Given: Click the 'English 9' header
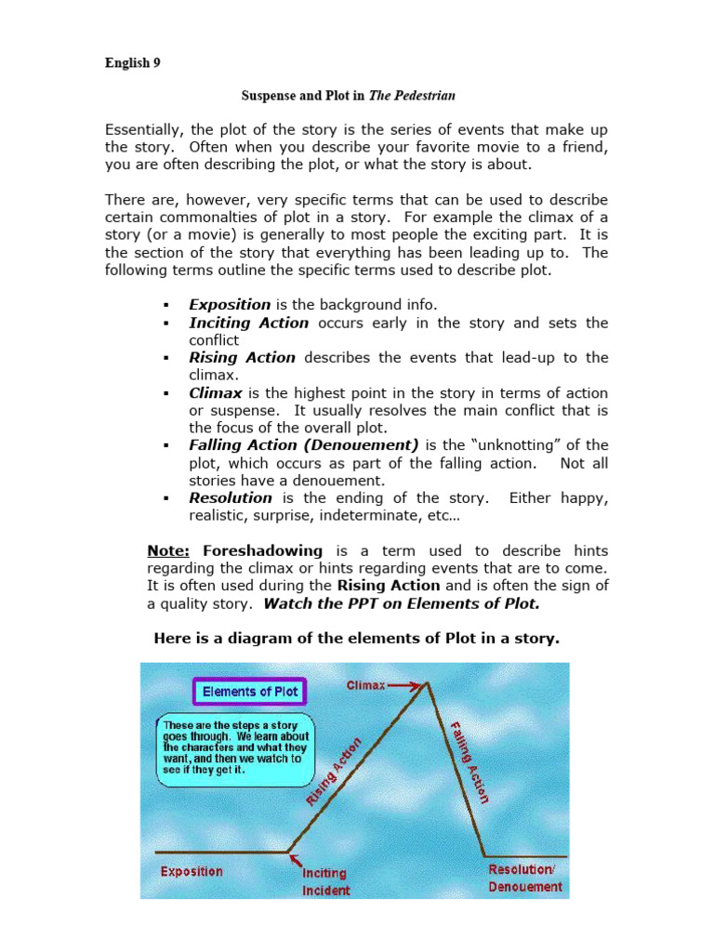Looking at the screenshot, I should pos(133,64).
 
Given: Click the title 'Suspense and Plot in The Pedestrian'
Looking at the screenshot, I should pos(349,95).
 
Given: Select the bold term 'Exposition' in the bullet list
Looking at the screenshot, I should pos(230,305).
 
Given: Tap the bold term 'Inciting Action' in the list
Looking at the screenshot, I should pos(248,323).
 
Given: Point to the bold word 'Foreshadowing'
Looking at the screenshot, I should pos(262,550).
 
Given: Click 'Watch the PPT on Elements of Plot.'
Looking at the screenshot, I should pos(402,603).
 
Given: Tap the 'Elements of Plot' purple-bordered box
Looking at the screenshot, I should pos(248,692).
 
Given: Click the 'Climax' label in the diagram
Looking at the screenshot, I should pos(365,685).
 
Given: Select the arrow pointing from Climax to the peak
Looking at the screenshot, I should pos(404,685).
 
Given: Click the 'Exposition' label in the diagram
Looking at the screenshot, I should pos(192,871).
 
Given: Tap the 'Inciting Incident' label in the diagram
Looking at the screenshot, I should pos(325,881).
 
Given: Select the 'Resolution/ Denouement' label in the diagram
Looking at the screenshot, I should pos(525,878).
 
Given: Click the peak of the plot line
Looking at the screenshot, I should pos(428,683).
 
